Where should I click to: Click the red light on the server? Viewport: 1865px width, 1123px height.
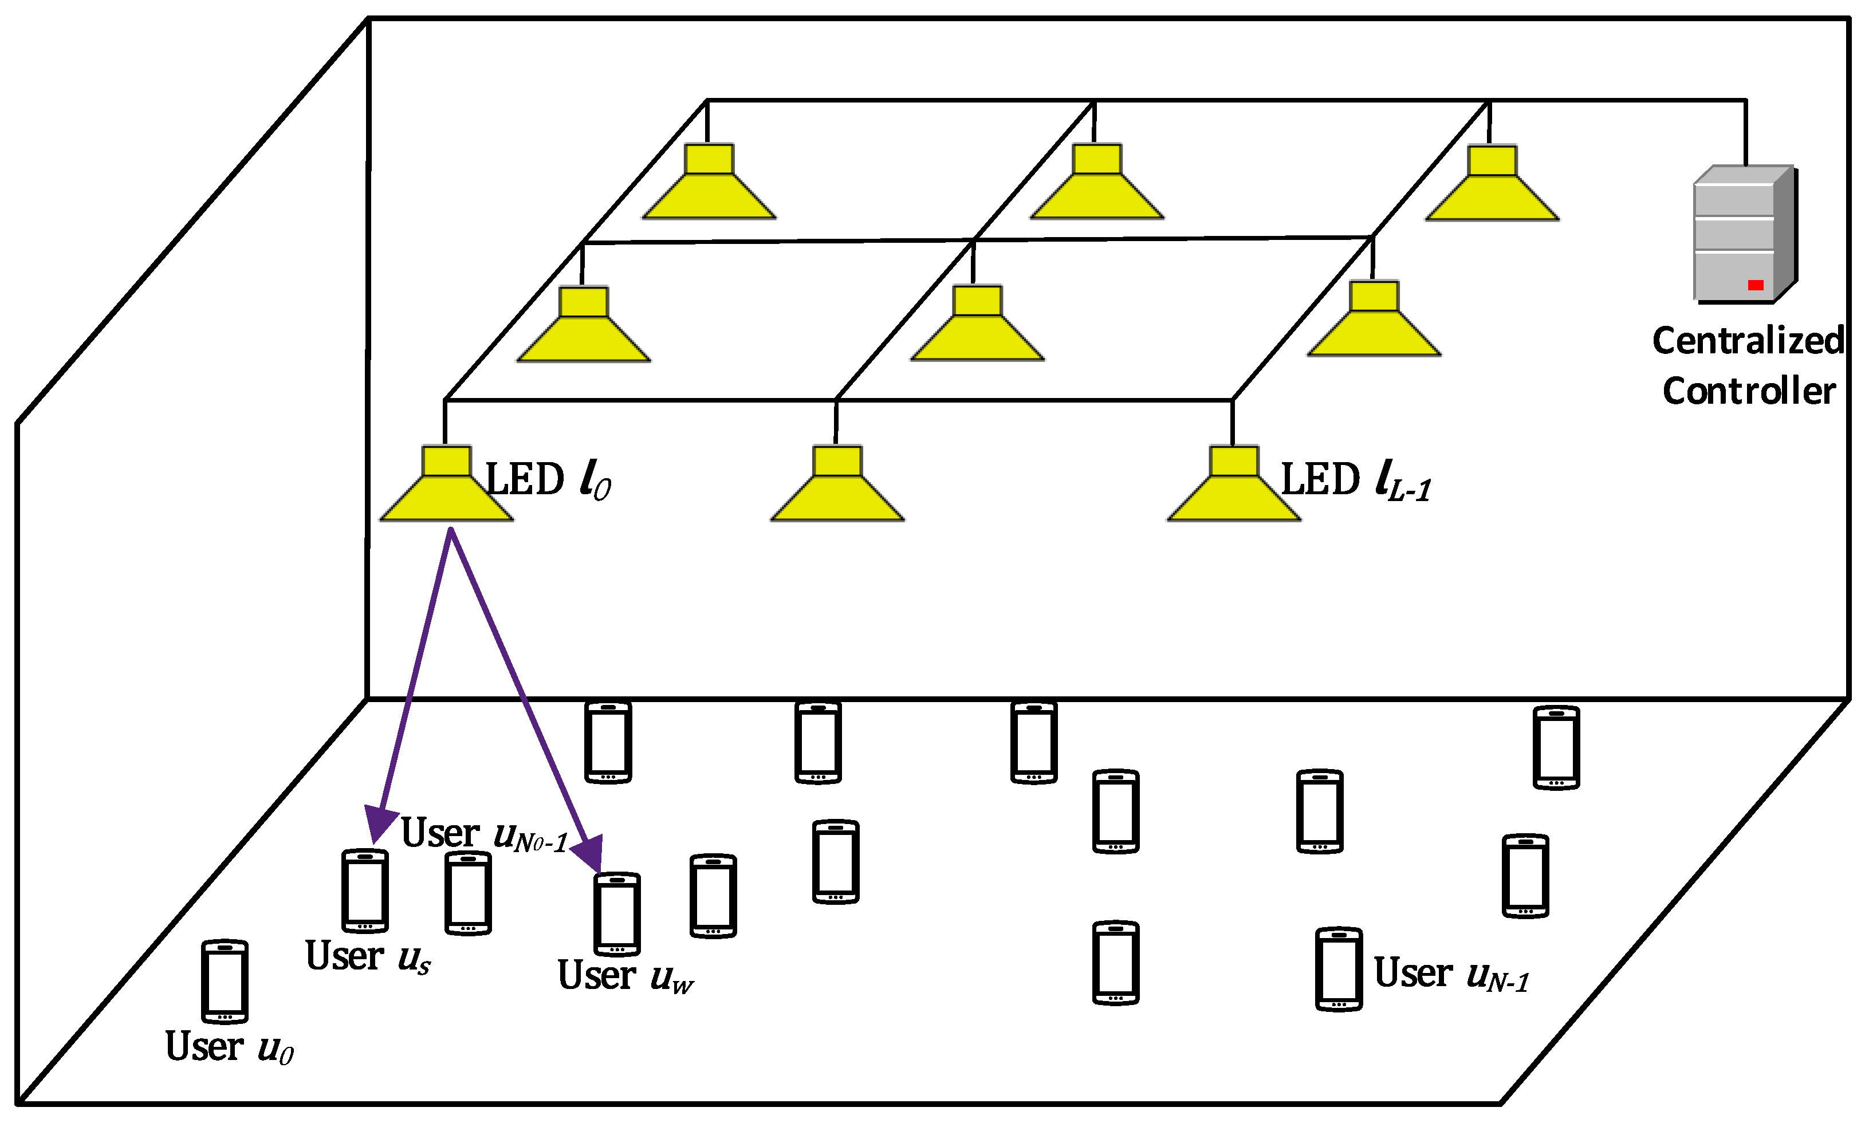point(1755,285)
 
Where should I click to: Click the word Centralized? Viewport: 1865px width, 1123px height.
point(1748,341)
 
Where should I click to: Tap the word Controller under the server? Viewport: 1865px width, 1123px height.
point(1748,391)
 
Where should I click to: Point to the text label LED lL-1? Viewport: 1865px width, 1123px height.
point(1355,481)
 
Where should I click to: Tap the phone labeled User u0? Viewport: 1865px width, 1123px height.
point(225,982)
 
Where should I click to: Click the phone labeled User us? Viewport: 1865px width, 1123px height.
point(365,890)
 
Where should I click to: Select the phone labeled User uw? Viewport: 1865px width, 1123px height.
point(617,914)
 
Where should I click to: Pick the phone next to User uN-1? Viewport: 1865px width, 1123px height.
point(1338,970)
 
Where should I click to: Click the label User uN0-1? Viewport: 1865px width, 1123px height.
point(485,835)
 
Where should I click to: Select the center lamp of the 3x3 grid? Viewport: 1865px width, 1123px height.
point(977,325)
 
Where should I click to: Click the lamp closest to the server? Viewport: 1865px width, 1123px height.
point(1492,186)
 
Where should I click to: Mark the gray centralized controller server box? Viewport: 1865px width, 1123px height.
point(1744,235)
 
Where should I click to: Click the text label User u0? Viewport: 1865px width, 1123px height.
point(229,1047)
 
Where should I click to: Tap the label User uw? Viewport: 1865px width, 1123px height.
point(625,975)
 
